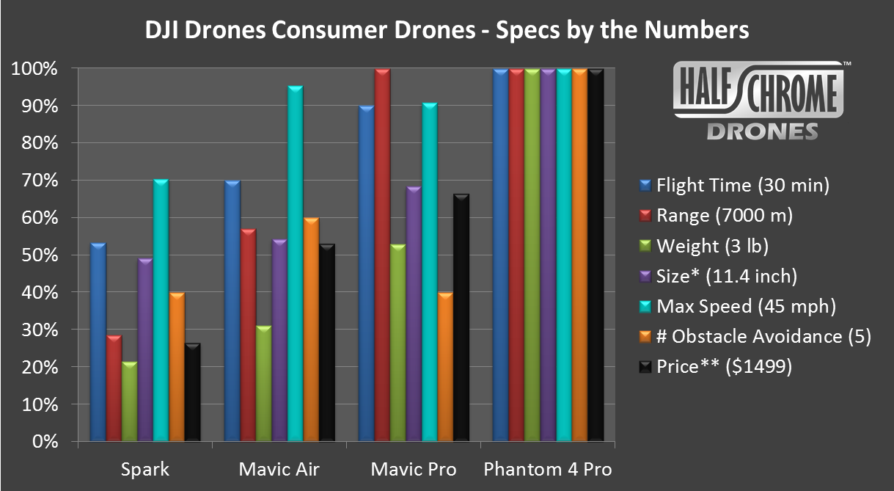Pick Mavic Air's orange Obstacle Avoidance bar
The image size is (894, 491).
310,330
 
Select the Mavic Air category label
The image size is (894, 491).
279,469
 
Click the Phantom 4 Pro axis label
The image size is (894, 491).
548,469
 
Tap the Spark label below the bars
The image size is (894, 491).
144,469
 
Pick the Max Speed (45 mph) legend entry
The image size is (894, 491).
744,306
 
